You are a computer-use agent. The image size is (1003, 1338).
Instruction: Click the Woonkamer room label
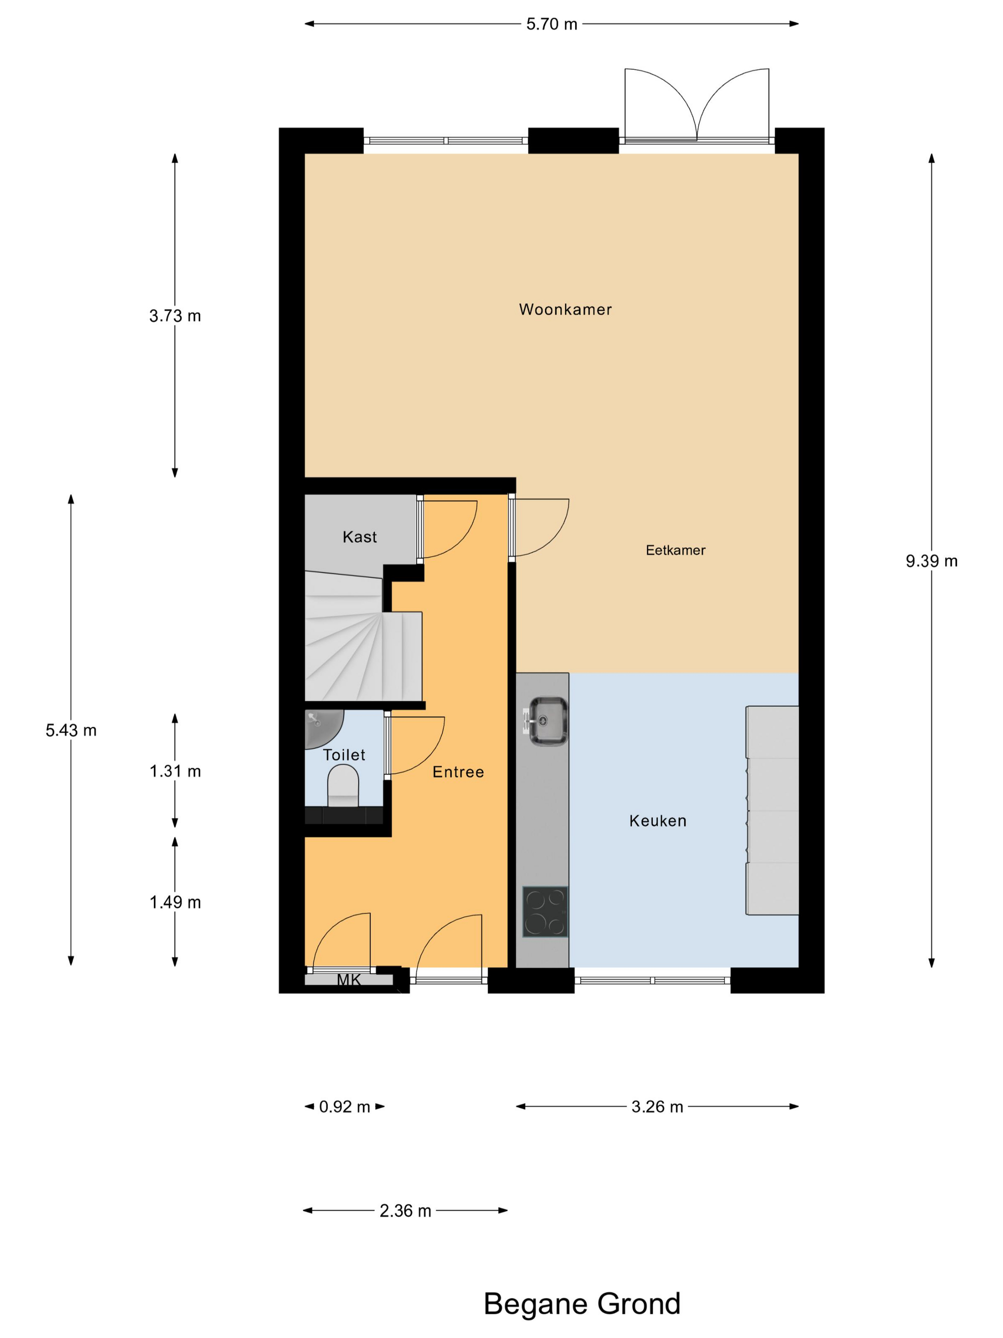tap(566, 310)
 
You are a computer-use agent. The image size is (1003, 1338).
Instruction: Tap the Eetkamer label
tap(675, 550)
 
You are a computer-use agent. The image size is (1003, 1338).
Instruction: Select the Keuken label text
tap(658, 821)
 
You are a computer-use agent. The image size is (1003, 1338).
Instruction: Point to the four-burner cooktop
tap(545, 912)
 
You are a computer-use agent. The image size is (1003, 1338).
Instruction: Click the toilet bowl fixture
tap(343, 785)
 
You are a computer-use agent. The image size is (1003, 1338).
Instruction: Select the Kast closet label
tap(360, 537)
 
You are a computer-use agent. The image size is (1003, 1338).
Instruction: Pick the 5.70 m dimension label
tap(551, 24)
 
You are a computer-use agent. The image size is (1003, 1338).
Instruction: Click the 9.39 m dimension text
tap(931, 561)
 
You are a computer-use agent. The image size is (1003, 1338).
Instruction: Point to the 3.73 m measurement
tap(175, 316)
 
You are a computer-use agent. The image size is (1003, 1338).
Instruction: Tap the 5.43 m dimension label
tap(71, 730)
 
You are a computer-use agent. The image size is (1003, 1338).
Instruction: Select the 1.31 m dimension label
tap(175, 771)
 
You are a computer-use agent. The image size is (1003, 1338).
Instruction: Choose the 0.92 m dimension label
tap(344, 1107)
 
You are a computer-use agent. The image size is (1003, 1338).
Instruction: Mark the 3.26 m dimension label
tap(657, 1107)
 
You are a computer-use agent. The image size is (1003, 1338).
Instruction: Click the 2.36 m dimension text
tap(405, 1211)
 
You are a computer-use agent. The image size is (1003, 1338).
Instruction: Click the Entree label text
tap(458, 772)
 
